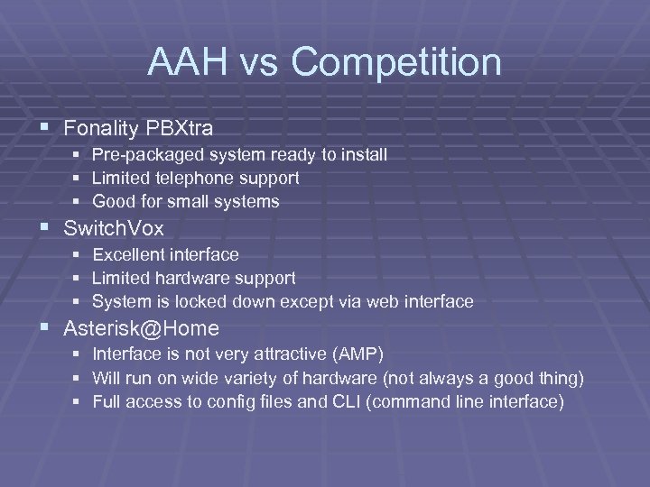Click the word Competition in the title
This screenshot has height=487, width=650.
[x=396, y=63]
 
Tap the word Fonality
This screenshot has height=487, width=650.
[x=98, y=129]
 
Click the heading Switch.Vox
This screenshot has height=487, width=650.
[x=113, y=229]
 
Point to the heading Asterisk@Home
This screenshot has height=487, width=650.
[x=141, y=329]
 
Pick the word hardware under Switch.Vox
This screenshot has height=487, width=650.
[x=190, y=279]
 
